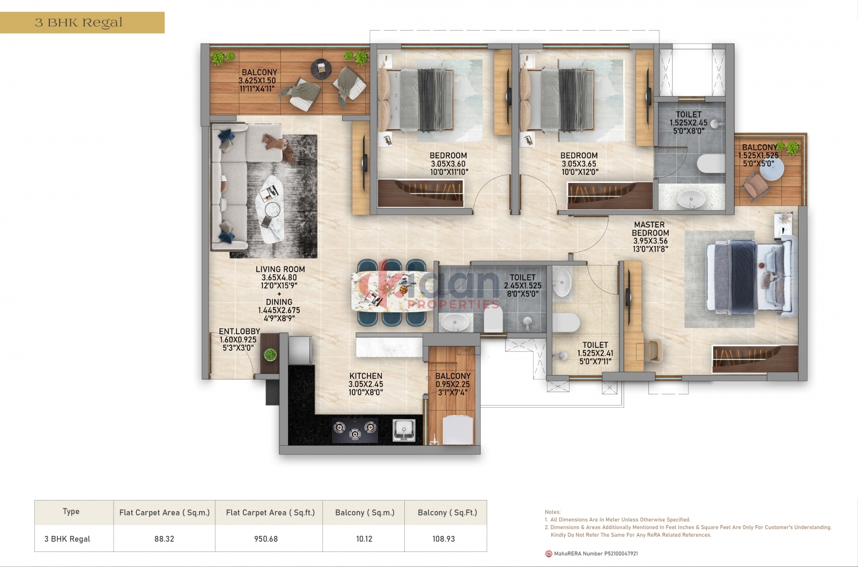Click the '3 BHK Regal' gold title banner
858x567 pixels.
point(82,23)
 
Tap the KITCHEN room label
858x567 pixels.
point(365,376)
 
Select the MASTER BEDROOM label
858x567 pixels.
point(650,229)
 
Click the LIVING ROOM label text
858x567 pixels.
point(280,269)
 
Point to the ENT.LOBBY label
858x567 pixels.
point(239,332)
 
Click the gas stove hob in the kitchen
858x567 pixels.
point(355,430)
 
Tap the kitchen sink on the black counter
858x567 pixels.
point(404,430)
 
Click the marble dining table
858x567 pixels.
point(388,291)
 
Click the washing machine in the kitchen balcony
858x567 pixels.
point(458,430)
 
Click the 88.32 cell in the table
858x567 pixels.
point(164,539)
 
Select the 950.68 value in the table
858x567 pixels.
point(266,539)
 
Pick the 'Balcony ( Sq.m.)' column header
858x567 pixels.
point(365,513)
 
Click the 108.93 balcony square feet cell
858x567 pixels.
point(443,539)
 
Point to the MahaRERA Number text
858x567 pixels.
point(596,554)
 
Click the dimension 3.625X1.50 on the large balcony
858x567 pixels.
point(257,80)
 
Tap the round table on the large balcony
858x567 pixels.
point(321,69)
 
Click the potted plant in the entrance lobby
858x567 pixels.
point(270,355)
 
